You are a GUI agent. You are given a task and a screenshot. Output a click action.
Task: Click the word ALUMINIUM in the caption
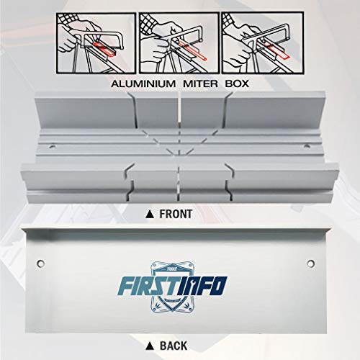(143, 84)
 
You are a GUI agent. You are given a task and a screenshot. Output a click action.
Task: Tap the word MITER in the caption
(200, 84)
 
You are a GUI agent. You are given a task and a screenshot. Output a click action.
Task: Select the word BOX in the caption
(237, 84)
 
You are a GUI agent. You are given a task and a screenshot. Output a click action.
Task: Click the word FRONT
(176, 214)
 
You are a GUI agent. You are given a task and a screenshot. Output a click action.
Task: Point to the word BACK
(174, 346)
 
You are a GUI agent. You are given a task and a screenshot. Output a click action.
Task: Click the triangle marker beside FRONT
(150, 215)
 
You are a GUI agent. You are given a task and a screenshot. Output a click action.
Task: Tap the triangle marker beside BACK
(150, 346)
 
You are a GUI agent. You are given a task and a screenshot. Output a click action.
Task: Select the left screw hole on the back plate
(40, 264)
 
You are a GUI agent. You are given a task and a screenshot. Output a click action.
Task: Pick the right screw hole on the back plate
(310, 264)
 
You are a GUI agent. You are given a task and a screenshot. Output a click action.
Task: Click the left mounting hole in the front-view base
(53, 146)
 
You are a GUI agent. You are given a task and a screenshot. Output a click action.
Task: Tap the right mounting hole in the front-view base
(306, 145)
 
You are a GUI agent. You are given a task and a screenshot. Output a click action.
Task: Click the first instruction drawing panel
(96, 43)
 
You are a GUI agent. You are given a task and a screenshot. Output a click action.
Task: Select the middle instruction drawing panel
(179, 43)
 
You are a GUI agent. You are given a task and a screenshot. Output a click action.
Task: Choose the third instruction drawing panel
(262, 43)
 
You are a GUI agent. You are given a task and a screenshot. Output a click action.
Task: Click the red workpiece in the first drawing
(104, 49)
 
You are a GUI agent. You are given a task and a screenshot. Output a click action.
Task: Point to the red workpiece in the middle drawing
(193, 50)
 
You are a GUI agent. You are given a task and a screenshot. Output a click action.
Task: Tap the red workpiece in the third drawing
(276, 50)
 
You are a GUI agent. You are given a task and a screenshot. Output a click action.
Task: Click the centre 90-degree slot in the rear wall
(179, 110)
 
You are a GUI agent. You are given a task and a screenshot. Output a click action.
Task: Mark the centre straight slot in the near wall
(179, 184)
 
